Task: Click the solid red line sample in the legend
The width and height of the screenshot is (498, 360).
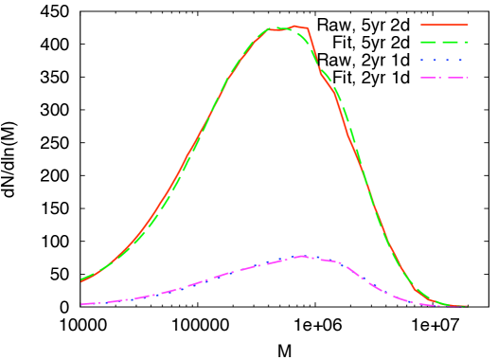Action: [x=444, y=25]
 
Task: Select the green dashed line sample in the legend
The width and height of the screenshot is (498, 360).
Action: [x=444, y=42]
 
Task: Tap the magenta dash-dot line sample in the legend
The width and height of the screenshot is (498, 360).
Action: [x=444, y=78]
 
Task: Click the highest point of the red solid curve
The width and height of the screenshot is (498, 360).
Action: [x=294, y=26]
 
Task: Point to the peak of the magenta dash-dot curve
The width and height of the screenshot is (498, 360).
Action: [x=301, y=256]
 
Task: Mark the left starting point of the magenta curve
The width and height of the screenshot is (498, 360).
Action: [x=82, y=304]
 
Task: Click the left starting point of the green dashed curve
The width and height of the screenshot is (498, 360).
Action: [x=82, y=279]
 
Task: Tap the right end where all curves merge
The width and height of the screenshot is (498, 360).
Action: [x=466, y=306]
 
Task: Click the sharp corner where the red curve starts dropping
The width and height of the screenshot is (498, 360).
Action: [x=308, y=28]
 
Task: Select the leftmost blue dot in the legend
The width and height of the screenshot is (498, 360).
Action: [x=422, y=60]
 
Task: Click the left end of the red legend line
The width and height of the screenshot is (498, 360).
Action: [x=421, y=25]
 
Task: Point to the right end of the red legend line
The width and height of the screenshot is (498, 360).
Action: [x=468, y=25]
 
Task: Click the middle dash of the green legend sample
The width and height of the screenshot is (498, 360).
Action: [x=448, y=42]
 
